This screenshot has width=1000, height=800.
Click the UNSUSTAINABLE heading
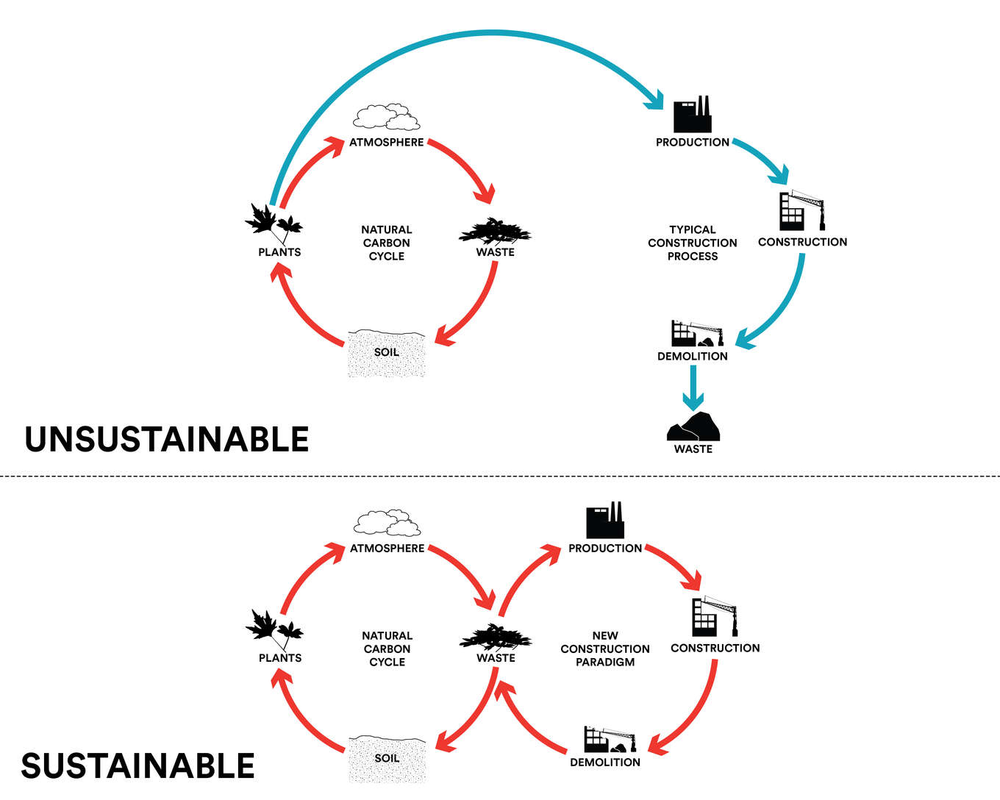click(x=167, y=439)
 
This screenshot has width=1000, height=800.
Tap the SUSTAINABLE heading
click(x=137, y=766)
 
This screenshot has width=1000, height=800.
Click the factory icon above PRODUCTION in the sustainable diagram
click(x=605, y=521)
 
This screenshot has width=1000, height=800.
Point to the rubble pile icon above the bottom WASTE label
click(x=693, y=426)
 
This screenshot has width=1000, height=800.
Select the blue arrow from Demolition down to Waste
click(x=693, y=387)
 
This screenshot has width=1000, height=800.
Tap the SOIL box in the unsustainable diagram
click(x=387, y=354)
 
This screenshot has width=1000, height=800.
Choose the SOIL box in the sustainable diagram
click(x=387, y=759)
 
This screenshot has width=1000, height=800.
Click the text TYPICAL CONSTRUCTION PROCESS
click(x=693, y=243)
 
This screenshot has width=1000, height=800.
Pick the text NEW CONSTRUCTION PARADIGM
click(x=605, y=649)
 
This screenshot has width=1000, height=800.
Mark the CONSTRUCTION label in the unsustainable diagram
click(x=802, y=242)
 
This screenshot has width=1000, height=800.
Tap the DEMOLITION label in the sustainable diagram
click(x=605, y=762)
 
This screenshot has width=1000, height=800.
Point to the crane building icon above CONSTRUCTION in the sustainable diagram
click(x=714, y=617)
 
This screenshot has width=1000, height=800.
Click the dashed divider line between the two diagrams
click(x=500, y=476)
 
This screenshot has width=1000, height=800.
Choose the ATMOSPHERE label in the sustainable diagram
click(x=387, y=549)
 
